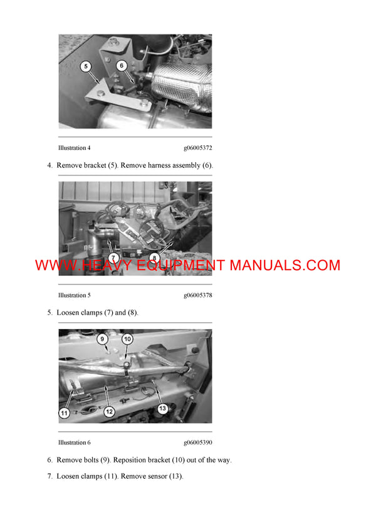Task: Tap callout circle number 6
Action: tap(122, 65)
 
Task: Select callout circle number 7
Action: tap(113, 258)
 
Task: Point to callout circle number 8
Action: tap(154, 257)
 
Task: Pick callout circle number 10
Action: tap(127, 339)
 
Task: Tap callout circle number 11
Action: tap(64, 412)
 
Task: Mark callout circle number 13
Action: tap(162, 409)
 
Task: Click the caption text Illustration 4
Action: tap(74, 148)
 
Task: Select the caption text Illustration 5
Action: tap(74, 295)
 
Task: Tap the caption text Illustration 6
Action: tap(74, 442)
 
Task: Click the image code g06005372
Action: tap(197, 148)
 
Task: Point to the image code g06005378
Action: tap(197, 295)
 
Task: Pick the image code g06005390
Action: tap(197, 442)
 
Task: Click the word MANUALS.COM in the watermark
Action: tap(285, 265)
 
